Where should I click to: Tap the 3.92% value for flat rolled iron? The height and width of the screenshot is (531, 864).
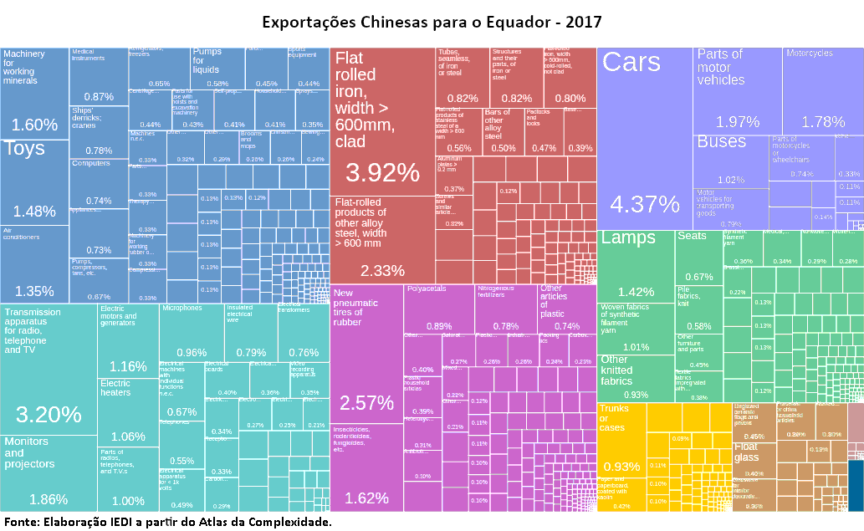pyautogui.click(x=382, y=172)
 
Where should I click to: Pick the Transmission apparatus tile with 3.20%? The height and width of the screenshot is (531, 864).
pyautogui.click(x=49, y=368)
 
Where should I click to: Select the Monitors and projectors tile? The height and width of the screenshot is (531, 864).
pyautogui.click(x=49, y=472)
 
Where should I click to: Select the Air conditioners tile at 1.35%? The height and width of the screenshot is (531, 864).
pyautogui.click(x=34, y=263)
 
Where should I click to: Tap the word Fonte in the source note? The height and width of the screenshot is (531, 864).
pyautogui.click(x=21, y=522)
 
